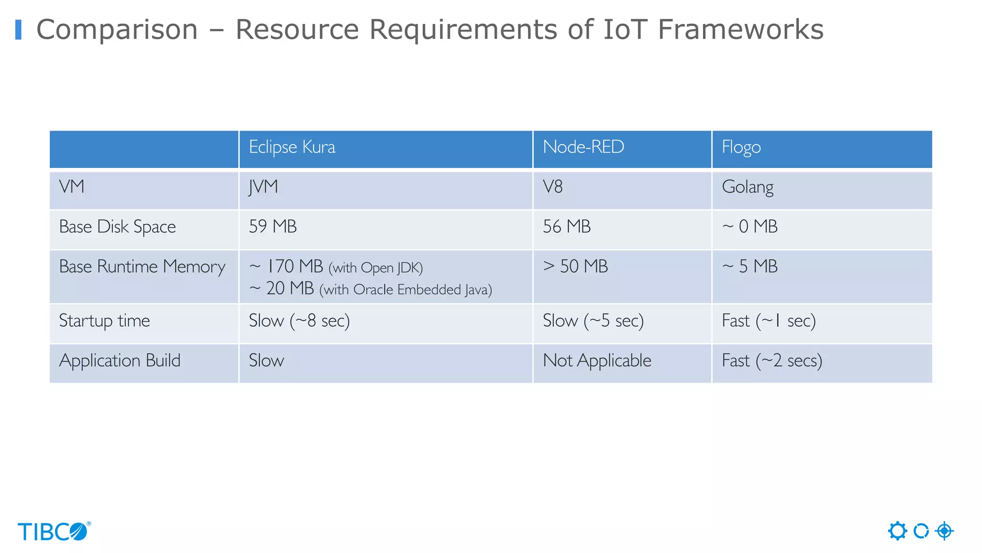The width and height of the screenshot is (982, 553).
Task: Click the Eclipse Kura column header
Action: (292, 147)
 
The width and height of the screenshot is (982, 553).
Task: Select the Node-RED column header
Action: (583, 147)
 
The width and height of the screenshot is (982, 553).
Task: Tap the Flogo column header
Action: (741, 147)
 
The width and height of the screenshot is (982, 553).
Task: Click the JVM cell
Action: (263, 187)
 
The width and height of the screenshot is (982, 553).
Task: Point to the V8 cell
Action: (552, 187)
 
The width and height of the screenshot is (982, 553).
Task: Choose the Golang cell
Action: (748, 187)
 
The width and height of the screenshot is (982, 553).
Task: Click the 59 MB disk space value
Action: (273, 227)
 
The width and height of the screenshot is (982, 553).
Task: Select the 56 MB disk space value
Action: (567, 227)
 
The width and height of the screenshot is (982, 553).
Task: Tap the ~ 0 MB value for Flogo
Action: (749, 227)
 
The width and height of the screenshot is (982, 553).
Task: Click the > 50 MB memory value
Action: (575, 266)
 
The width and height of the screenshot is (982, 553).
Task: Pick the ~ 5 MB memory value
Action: (749, 266)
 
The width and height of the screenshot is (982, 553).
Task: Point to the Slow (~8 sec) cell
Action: (299, 321)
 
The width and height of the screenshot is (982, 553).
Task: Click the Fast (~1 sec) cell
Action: (769, 321)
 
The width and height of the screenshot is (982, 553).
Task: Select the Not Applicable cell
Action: (597, 361)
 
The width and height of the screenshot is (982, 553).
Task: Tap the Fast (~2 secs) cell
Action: (772, 361)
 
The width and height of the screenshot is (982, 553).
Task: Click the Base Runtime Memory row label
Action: (142, 267)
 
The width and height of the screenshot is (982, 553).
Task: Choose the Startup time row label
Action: (105, 321)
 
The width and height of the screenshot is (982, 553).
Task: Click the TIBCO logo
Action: (54, 532)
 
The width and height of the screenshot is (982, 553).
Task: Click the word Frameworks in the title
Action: (740, 30)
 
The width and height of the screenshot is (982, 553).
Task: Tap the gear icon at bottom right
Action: (897, 531)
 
